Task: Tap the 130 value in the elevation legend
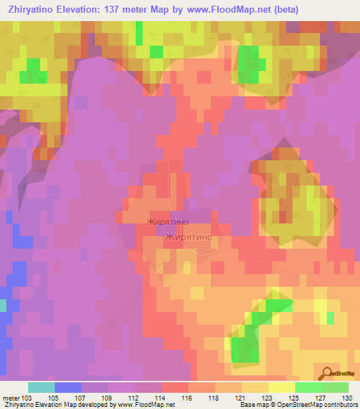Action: click(347, 398)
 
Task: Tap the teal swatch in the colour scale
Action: click(41, 387)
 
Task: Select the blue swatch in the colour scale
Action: click(67, 387)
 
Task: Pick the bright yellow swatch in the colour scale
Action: click(281, 387)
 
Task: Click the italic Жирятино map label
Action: click(167, 222)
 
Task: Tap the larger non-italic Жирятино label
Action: click(188, 238)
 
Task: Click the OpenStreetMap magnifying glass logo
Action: click(326, 373)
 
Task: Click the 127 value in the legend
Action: click(307, 398)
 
